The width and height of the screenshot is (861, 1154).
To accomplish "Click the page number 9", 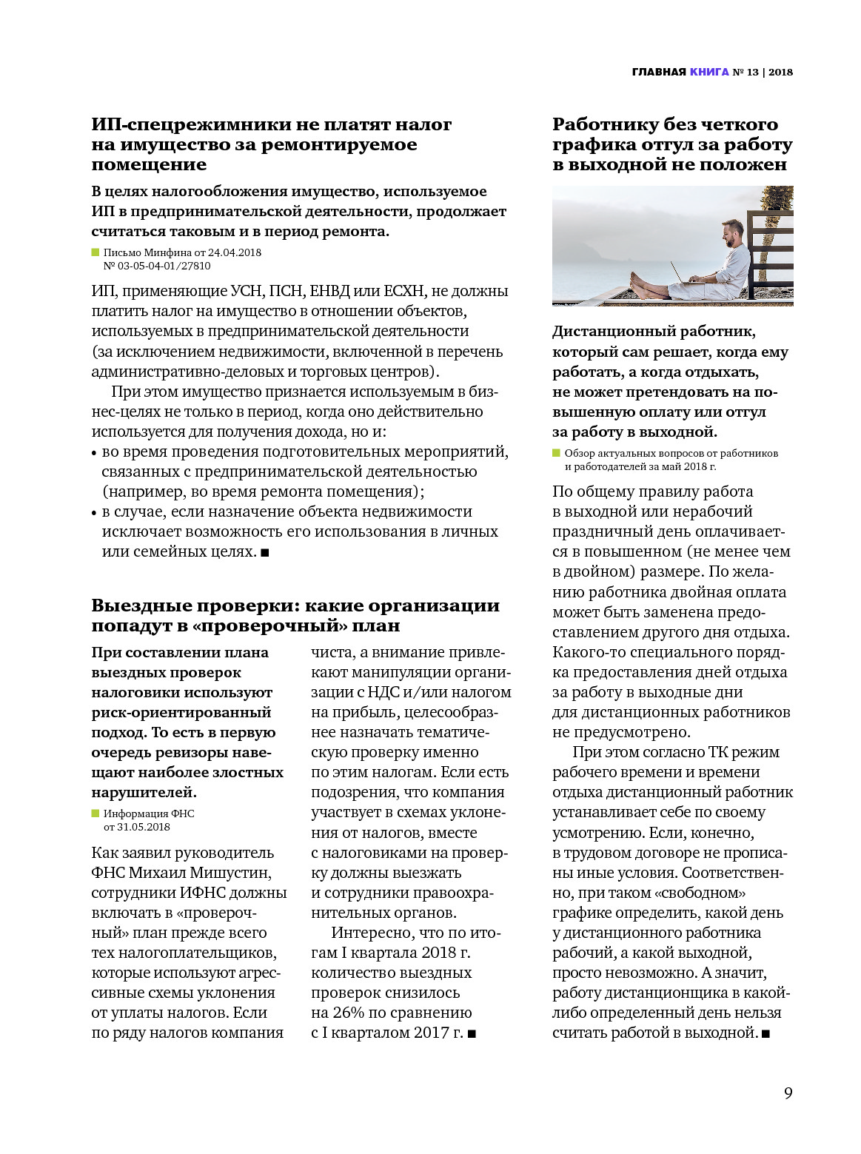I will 788,1093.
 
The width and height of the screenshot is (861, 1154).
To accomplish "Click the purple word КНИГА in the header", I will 709,72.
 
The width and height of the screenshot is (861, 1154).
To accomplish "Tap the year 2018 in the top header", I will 780,72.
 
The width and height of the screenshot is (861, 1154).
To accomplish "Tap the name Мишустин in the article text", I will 232,873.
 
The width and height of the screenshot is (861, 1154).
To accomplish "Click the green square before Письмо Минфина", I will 96,252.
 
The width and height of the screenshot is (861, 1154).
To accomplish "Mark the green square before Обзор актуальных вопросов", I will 557,453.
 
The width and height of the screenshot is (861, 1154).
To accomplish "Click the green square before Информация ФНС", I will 96,813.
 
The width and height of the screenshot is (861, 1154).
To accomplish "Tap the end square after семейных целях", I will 265,552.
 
